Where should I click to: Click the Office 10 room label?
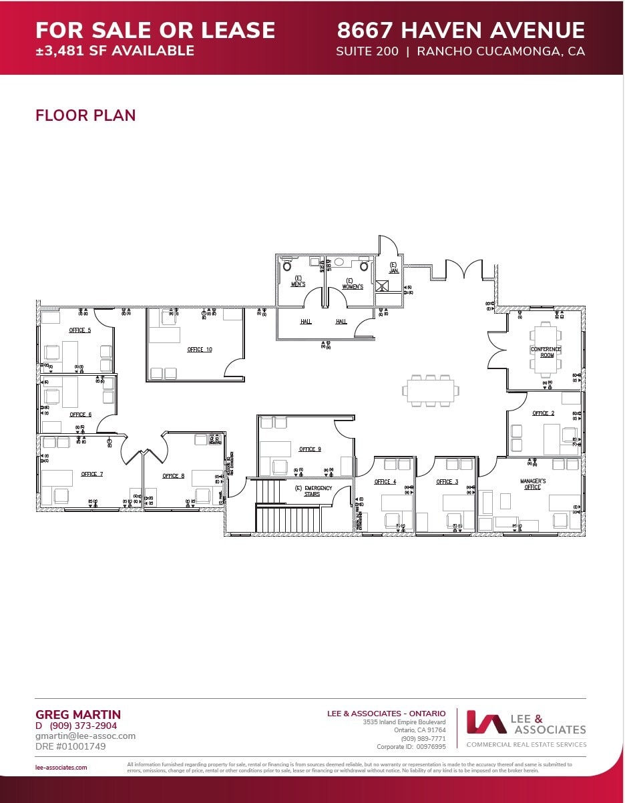point(200,350)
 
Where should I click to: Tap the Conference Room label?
point(546,352)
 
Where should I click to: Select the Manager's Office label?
point(533,484)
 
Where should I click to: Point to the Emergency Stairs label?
point(313,491)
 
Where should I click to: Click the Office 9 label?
point(310,449)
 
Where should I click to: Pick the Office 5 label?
point(79,330)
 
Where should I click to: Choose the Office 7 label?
point(91,474)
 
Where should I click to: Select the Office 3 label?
point(447,481)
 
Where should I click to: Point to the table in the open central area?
point(431,390)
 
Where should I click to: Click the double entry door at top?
point(464,270)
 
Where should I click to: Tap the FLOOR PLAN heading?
point(85,115)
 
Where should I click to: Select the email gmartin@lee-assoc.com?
point(85,736)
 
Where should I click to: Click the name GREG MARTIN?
point(77,715)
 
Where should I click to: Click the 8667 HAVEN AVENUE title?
point(461,31)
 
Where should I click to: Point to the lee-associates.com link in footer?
point(61,768)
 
